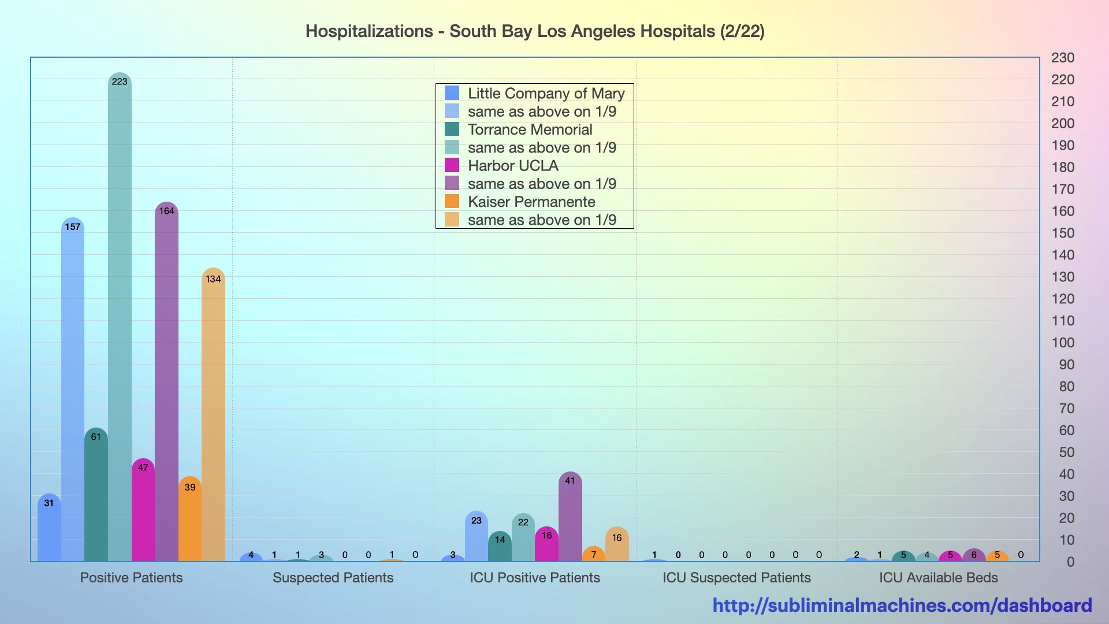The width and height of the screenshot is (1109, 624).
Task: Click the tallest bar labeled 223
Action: [x=120, y=318]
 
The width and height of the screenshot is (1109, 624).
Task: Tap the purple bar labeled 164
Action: [x=166, y=381]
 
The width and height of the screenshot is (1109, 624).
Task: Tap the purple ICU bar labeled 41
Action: [x=570, y=517]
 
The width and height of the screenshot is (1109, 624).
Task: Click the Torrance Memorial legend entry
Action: [x=530, y=129]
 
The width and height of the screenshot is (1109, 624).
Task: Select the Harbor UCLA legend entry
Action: [x=513, y=166]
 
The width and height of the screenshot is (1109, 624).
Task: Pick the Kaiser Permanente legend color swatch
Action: [x=452, y=202]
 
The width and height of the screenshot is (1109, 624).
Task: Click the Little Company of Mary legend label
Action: [x=546, y=94]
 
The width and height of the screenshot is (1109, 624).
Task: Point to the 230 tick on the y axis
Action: [x=1062, y=58]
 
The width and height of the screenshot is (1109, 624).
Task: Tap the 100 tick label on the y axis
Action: [x=1062, y=343]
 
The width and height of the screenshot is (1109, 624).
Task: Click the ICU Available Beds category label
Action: [x=938, y=577]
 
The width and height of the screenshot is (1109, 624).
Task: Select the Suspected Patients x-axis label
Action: [x=333, y=577]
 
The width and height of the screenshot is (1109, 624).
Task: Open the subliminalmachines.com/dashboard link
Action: [x=902, y=605]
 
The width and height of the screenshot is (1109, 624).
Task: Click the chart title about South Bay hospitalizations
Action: [x=535, y=31]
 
